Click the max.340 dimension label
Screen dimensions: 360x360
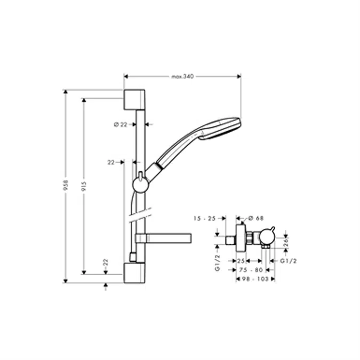pos(182,77)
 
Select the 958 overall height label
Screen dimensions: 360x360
pos(65,185)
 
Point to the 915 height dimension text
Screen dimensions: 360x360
pos(84,185)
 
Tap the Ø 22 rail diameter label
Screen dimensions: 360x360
pos(121,124)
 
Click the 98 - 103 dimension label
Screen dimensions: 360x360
pos(253,278)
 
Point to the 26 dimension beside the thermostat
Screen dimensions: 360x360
pos(286,241)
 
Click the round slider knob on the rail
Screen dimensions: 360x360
pos(139,184)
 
